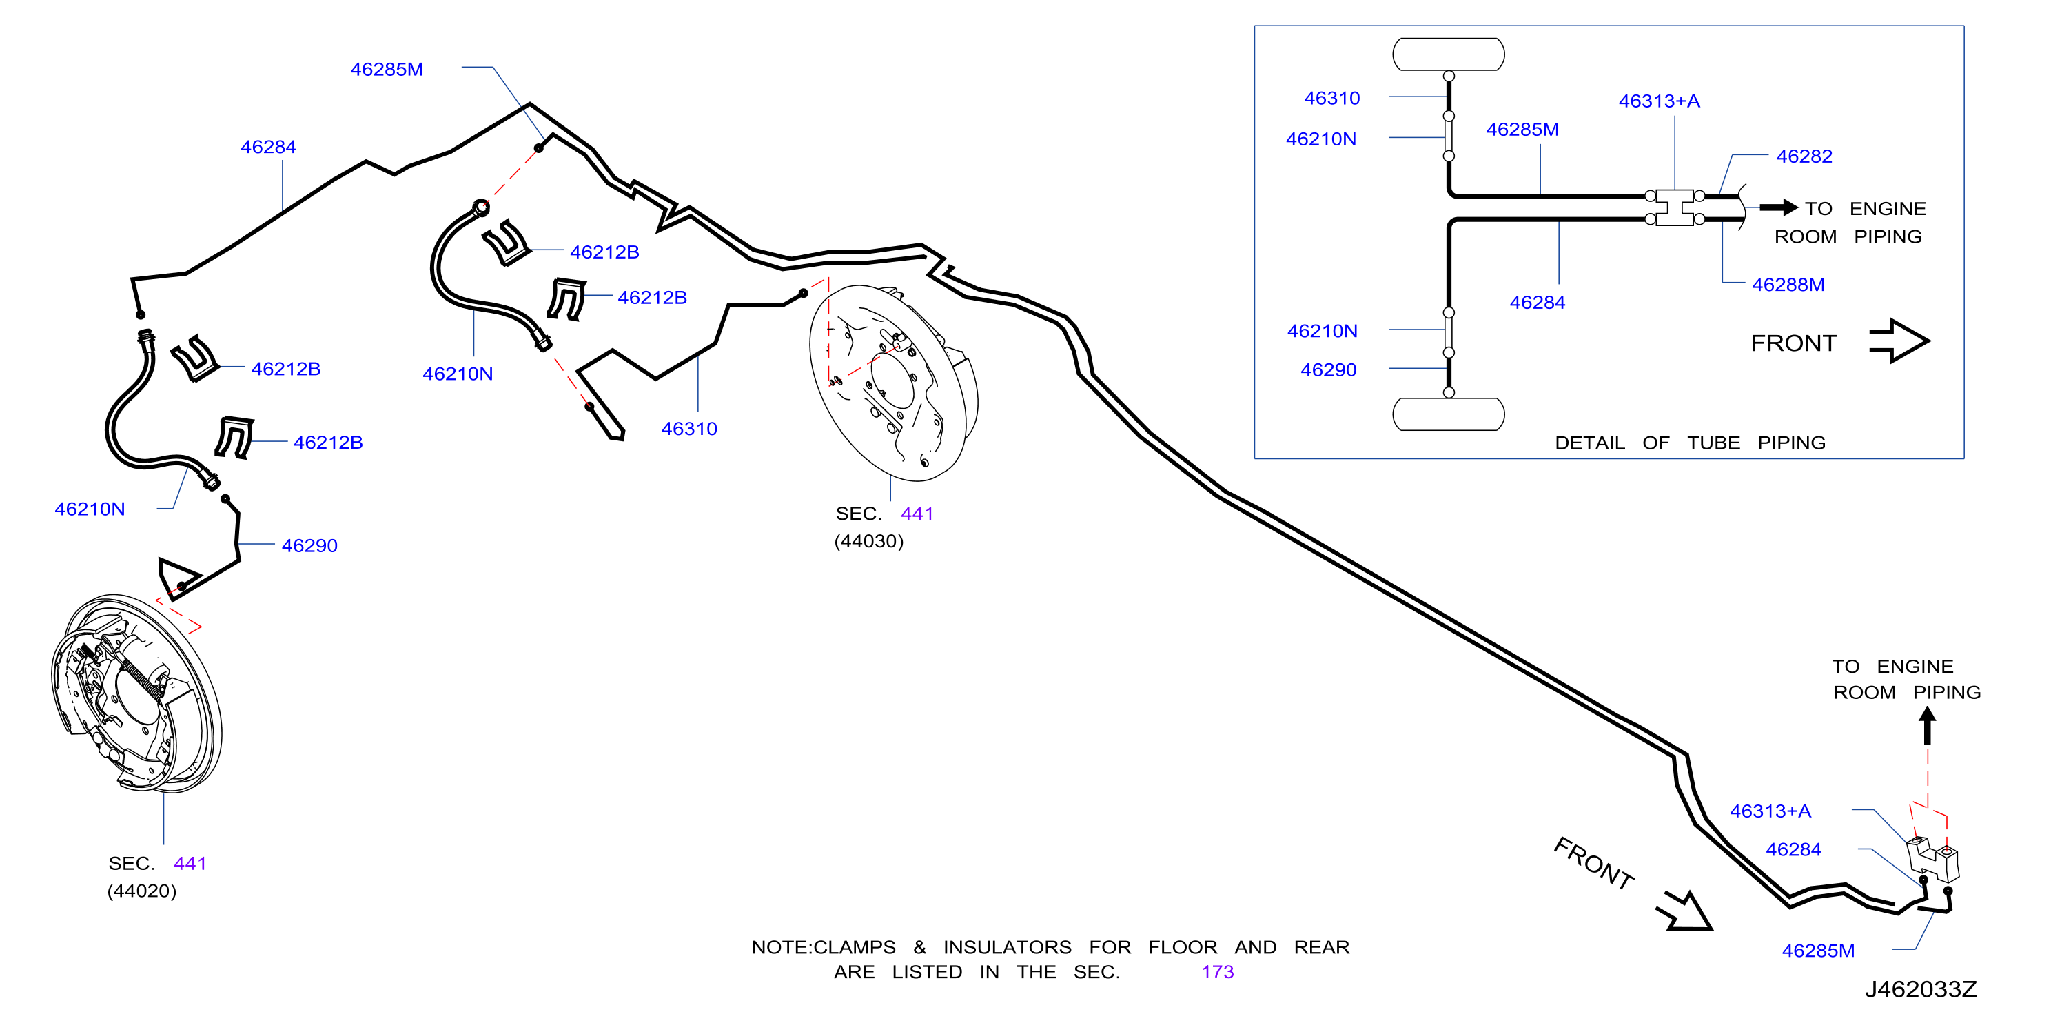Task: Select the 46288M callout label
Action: tap(1788, 284)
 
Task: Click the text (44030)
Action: tap(868, 541)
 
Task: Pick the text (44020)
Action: tap(142, 891)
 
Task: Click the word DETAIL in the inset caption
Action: tap(1589, 443)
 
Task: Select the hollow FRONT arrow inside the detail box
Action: tap(1899, 341)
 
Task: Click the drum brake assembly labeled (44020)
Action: tap(136, 693)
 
